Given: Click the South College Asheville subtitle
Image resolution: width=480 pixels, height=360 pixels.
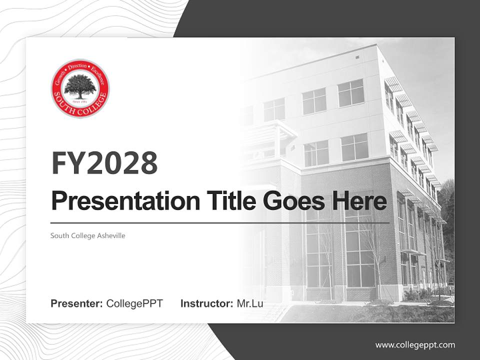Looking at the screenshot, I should tap(87, 235).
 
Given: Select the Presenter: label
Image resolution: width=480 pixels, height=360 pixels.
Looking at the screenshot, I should tap(77, 303).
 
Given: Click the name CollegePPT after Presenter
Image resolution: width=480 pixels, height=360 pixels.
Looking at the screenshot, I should tap(134, 303).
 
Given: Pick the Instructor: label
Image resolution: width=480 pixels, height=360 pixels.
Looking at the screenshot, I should tap(206, 303).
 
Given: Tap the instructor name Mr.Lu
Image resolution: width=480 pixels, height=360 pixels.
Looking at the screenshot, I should tap(250, 303).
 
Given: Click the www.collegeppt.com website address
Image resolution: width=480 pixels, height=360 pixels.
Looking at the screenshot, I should tap(415, 344).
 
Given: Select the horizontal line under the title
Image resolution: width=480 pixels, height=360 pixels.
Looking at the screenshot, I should tap(220, 222).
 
